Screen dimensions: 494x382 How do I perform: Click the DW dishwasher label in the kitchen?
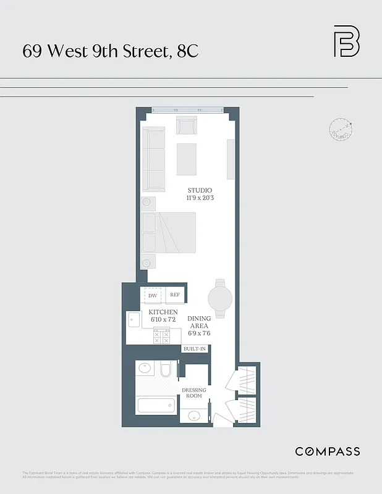(x=153, y=296)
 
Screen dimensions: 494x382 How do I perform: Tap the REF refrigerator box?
(x=175, y=296)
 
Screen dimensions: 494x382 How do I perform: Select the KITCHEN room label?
(x=163, y=312)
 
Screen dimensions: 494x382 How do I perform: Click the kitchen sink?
(x=134, y=320)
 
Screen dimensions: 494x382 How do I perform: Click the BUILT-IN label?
(x=193, y=349)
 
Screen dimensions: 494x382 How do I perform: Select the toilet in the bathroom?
(x=165, y=370)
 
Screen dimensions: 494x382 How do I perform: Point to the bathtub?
(x=155, y=406)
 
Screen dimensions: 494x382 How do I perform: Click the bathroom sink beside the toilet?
(x=145, y=369)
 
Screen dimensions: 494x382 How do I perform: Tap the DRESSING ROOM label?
(x=193, y=393)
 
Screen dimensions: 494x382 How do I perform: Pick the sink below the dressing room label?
(x=193, y=415)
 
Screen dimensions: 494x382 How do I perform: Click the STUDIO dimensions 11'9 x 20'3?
(x=200, y=198)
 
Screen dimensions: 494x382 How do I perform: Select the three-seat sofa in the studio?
(x=154, y=159)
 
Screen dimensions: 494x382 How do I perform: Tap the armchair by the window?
(x=186, y=125)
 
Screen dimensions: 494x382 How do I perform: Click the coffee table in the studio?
(x=187, y=159)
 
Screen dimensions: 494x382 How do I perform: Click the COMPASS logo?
(x=327, y=451)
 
